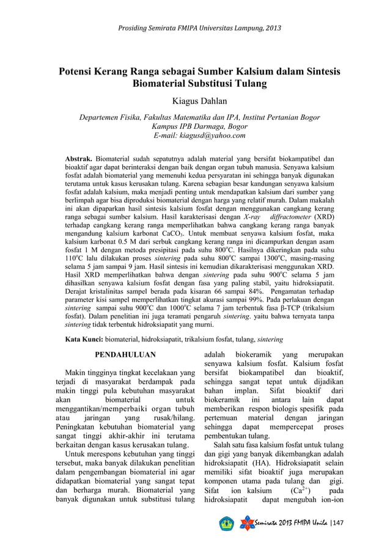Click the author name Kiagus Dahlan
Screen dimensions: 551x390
coord(194,103)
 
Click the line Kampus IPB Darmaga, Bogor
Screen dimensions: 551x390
coord(195,126)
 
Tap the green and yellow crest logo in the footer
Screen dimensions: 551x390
coord(226,525)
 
